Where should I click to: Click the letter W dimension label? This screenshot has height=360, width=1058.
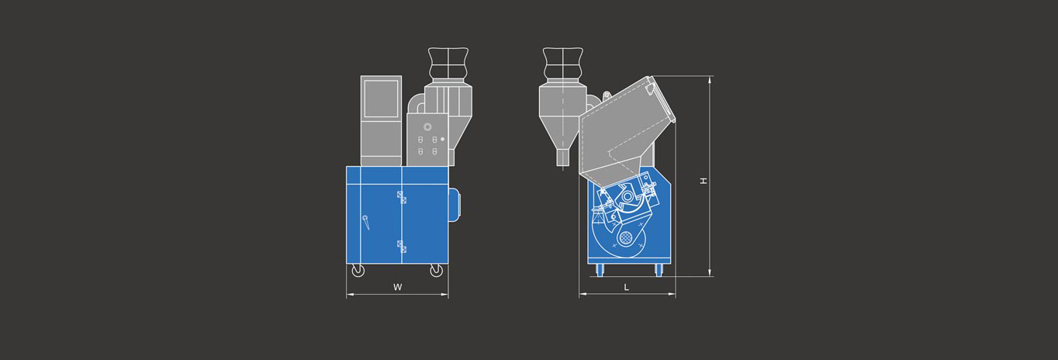(398, 287)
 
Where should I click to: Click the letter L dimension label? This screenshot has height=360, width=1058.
(627, 287)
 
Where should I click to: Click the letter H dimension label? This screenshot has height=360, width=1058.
(704, 181)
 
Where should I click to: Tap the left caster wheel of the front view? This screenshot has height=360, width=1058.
(358, 271)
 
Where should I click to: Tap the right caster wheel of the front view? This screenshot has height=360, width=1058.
(436, 271)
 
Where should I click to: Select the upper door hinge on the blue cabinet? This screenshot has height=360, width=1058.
(402, 198)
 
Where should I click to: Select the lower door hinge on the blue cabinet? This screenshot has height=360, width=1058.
(402, 247)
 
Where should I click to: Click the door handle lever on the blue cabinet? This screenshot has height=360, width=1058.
(365, 223)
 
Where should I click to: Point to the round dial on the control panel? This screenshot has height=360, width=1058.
(427, 127)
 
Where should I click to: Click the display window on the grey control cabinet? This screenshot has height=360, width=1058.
(381, 99)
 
